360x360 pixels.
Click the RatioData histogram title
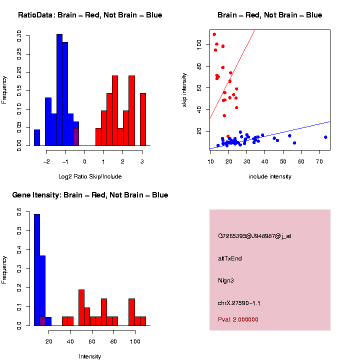pos(90,15)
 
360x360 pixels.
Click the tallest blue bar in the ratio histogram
pos(59,90)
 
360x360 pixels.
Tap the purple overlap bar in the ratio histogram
pos(76,136)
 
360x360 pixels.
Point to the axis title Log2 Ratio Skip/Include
pos(89,176)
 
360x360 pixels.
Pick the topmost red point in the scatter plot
pos(214,34)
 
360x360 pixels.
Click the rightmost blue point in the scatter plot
pos(325,137)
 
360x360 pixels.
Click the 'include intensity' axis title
pos(270,176)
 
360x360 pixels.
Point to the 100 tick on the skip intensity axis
pos(199,45)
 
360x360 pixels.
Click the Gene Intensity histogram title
pos(90,195)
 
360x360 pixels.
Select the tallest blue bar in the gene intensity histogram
pos(37,269)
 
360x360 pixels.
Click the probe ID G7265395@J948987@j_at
pos(254,236)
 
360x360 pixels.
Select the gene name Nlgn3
pos(225,280)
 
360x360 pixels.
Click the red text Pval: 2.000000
pos(238,319)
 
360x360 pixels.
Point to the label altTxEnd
pos(230,258)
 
